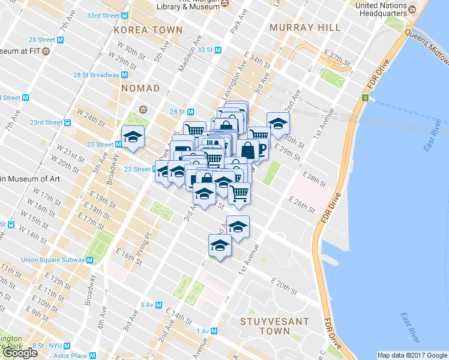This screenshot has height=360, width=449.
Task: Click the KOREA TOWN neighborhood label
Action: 148,29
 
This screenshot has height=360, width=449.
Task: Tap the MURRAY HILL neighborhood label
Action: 305,28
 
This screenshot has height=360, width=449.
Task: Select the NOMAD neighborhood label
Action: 140,88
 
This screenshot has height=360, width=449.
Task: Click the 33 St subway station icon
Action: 218,50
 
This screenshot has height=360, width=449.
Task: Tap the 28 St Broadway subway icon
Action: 124,75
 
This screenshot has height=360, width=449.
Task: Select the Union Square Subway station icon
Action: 89,260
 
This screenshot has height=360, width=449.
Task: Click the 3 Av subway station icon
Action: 158,305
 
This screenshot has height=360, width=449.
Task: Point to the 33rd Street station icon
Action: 124,15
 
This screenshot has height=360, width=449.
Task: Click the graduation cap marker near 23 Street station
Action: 133,137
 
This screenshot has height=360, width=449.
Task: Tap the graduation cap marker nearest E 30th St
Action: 278,124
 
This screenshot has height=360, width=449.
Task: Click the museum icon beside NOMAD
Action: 143,109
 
